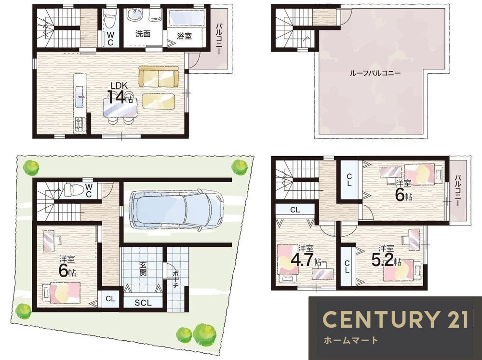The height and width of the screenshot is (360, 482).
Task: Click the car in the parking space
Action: pos(176,209)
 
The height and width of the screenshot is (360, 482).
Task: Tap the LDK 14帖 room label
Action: pos(120,93)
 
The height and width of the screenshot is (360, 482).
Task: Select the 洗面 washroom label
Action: pos(143,34)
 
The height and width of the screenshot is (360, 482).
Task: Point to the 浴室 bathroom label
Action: pos(185,36)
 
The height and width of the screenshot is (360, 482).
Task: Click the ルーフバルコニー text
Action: pos(375,73)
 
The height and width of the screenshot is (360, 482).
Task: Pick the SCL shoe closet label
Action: pos(143,303)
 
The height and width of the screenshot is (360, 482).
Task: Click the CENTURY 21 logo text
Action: pos(396,319)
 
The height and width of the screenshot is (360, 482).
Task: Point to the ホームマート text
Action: pos(351,340)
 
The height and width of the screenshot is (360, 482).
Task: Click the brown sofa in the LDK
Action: pos(158,76)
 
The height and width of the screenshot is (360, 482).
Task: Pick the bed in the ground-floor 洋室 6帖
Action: pos(62,293)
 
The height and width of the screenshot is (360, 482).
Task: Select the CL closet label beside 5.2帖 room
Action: pos(347,267)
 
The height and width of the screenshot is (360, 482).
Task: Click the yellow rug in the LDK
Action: pos(158,101)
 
